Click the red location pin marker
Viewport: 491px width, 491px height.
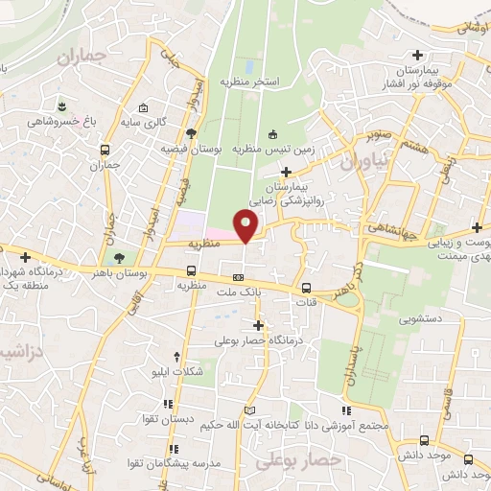pyautogui.click(x=246, y=226)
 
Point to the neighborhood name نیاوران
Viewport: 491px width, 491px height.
pyautogui.click(x=365, y=161)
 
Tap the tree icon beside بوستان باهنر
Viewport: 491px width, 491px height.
pyautogui.click(x=119, y=258)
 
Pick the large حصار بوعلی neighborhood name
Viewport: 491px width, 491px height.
pyautogui.click(x=297, y=462)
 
